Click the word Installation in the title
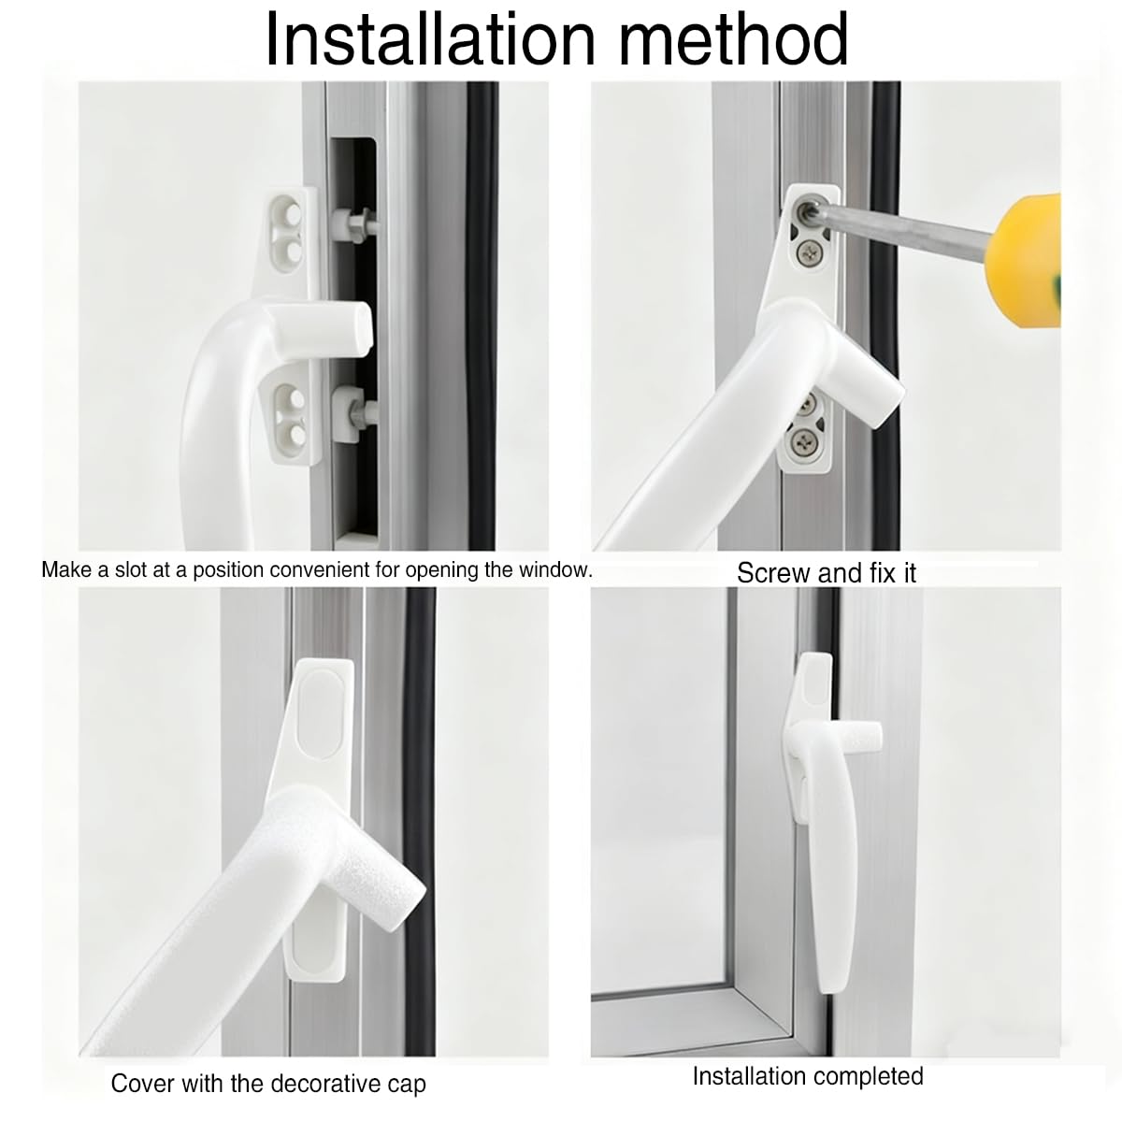(x=431, y=39)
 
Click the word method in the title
(x=733, y=39)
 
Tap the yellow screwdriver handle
(x=1026, y=260)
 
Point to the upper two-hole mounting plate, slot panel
(x=290, y=229)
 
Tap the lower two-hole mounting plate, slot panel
(x=293, y=414)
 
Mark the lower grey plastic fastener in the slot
(x=352, y=411)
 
